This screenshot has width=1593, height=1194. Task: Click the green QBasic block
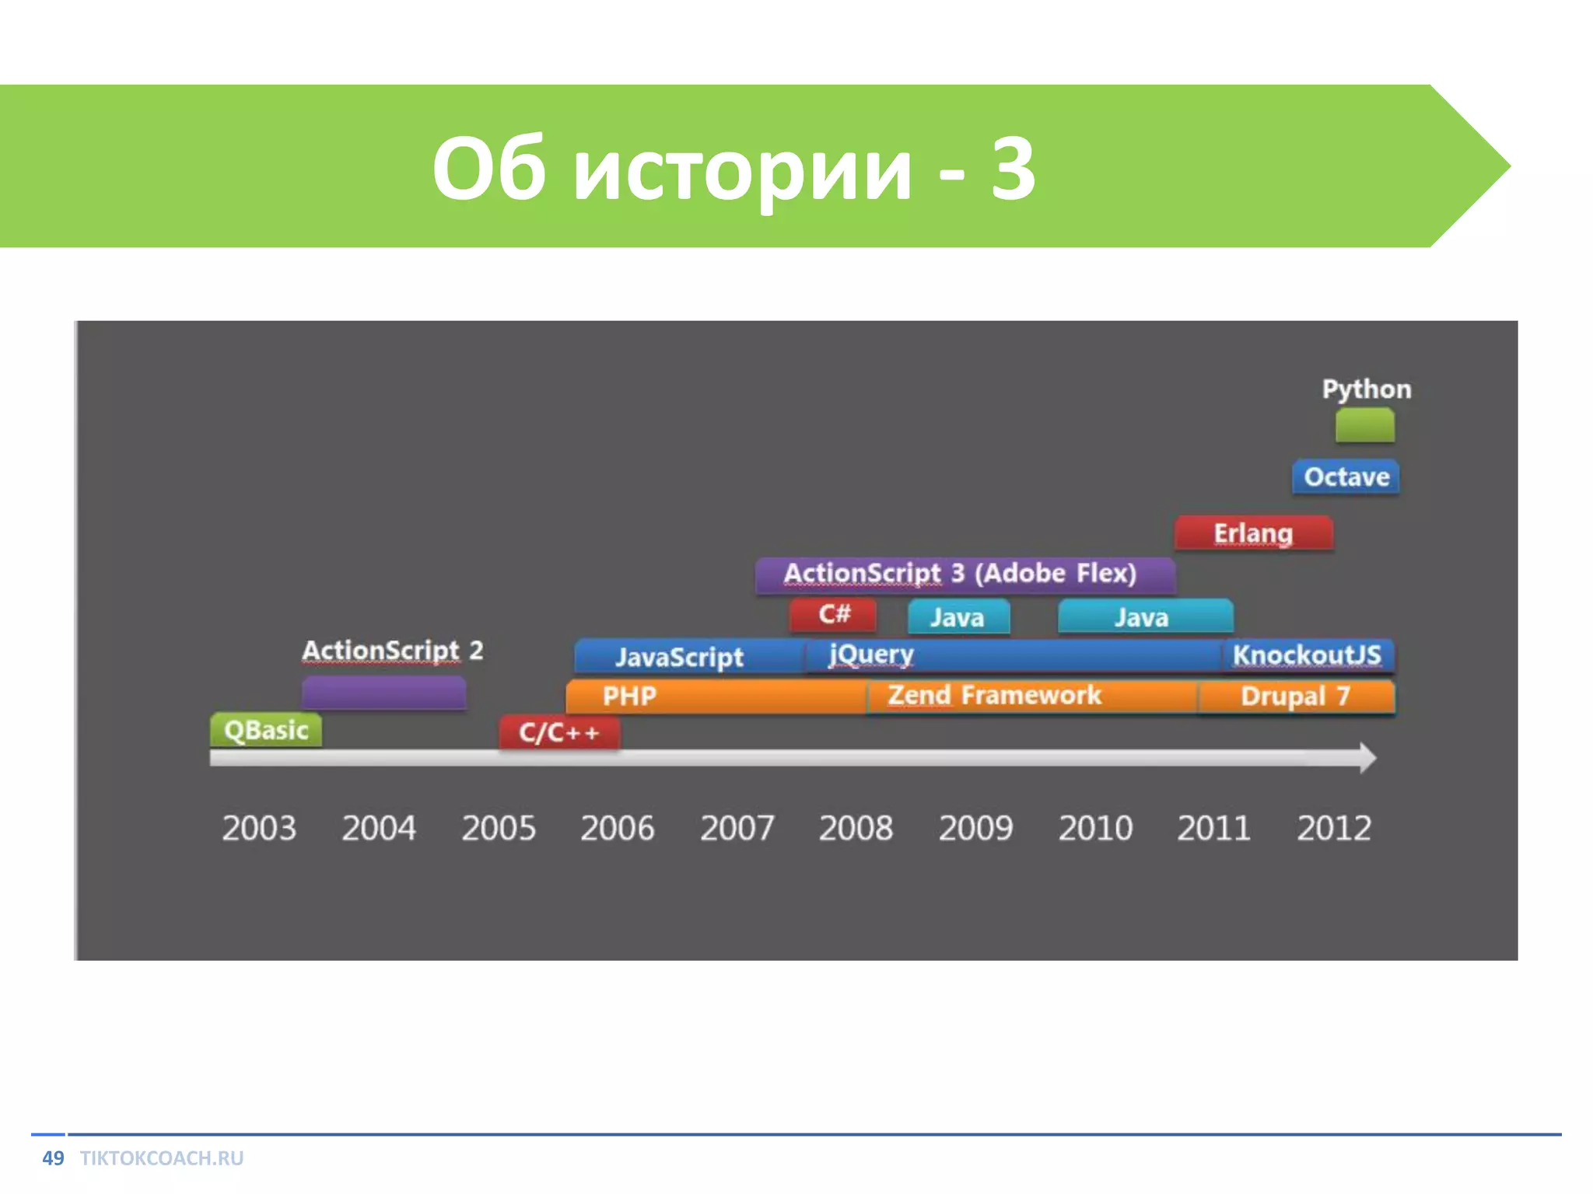(265, 730)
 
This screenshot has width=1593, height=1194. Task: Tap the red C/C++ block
(559, 732)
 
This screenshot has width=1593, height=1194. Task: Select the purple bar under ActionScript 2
(384, 692)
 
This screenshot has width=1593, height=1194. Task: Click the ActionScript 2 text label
(393, 650)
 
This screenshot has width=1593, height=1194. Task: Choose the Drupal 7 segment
(1296, 696)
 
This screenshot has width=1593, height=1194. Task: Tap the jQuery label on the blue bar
(871, 655)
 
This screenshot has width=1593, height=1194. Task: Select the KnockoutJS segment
(1308, 655)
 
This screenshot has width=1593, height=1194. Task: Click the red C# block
(833, 615)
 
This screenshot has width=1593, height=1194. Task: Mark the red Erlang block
(1253, 533)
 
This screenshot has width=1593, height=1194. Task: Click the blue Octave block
(1346, 477)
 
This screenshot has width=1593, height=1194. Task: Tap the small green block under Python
(1364, 426)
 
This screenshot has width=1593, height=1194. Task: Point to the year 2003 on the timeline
(259, 828)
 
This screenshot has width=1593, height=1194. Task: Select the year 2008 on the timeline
(856, 828)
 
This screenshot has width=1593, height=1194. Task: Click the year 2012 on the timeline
(1333, 828)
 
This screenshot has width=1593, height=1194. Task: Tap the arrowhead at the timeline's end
(1367, 758)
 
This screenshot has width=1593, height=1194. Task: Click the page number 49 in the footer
(53, 1158)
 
